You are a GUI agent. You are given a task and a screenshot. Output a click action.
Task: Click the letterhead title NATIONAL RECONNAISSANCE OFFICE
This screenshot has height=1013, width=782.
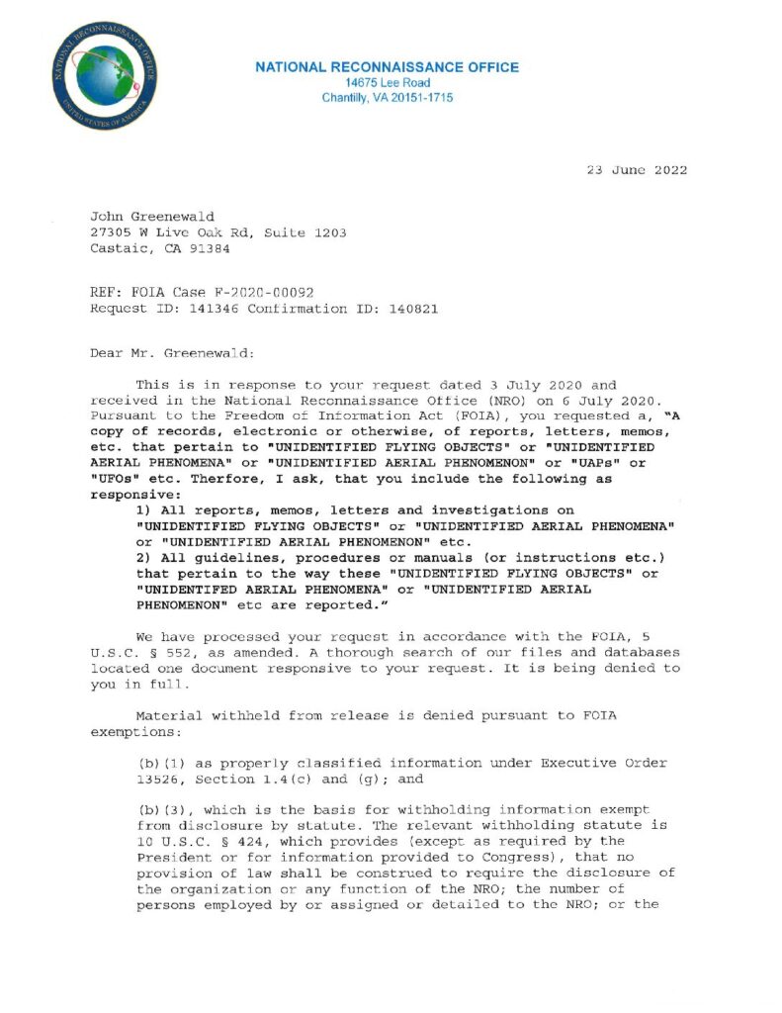tap(387, 67)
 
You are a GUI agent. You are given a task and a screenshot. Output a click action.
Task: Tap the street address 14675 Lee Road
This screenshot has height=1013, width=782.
tap(387, 83)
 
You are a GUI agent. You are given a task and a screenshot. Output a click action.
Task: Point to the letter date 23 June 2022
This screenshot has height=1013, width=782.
tap(637, 170)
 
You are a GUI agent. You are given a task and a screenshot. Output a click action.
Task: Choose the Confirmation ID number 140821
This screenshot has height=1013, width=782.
tap(409, 309)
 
